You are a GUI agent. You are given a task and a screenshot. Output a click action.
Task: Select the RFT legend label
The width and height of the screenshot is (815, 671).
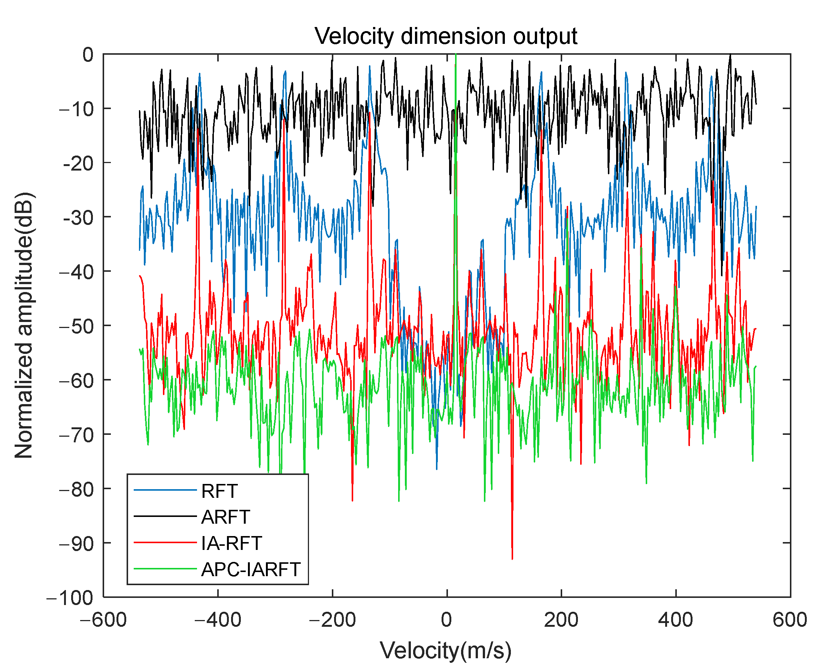[x=219, y=491]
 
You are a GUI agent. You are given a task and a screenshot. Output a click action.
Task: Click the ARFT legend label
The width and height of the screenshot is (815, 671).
[x=225, y=517]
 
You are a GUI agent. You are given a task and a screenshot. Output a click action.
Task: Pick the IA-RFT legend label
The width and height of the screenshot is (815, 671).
[x=231, y=543]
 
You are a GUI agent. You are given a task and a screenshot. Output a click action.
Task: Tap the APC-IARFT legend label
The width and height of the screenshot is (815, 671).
[x=251, y=569]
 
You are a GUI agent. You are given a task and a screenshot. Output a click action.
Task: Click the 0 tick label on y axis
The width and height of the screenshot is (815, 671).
[x=88, y=55]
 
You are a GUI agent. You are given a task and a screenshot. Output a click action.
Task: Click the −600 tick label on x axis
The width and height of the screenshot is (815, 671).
[x=103, y=620]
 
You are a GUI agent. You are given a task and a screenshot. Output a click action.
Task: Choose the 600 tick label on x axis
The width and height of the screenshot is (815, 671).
[x=790, y=620]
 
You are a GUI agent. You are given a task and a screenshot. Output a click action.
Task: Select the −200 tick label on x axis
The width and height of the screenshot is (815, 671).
[x=332, y=620]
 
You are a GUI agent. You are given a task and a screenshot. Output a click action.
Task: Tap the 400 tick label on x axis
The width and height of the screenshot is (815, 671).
[x=675, y=620]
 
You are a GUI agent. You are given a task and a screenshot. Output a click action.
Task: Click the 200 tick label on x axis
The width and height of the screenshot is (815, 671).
[x=561, y=620]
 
